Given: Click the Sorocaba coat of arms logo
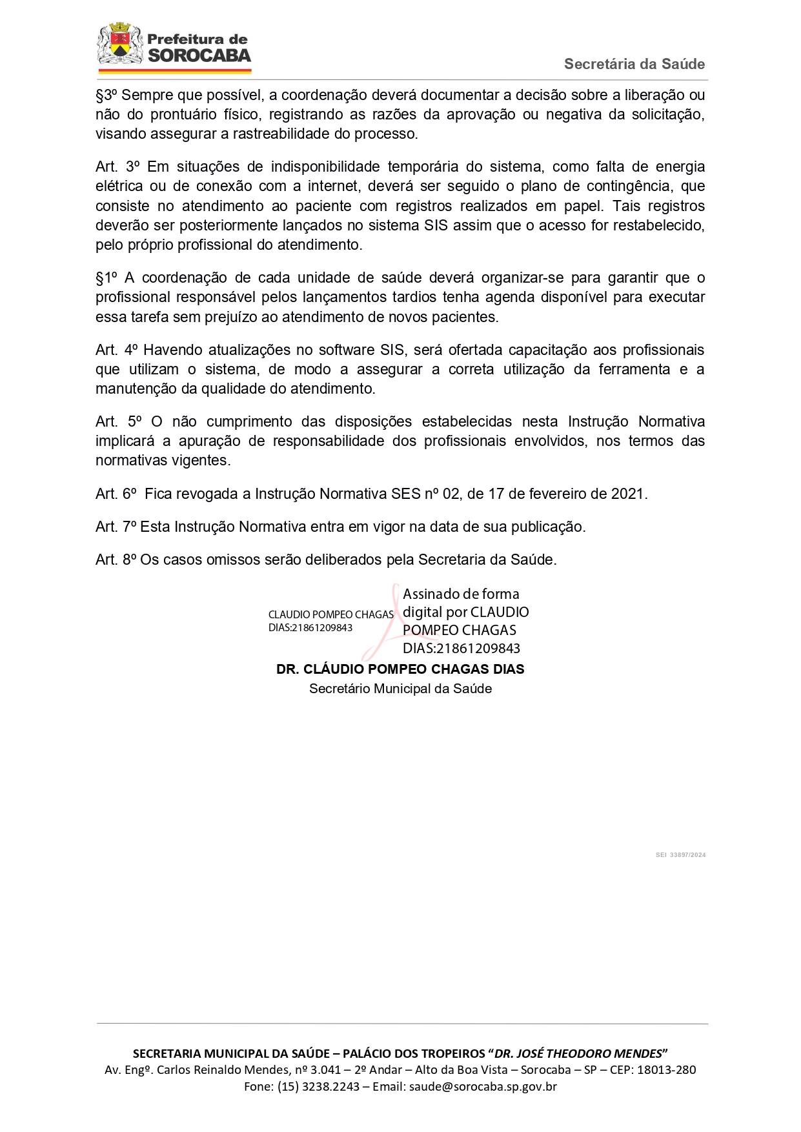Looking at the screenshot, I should tap(120, 45).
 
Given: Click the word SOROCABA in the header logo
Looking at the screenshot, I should tap(199, 56).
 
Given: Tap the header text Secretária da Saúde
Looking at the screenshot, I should tap(634, 64).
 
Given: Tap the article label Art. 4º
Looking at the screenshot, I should tap(116, 350).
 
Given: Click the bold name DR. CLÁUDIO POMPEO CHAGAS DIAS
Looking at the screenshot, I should tap(400, 669).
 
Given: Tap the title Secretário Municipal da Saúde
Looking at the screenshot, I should tap(400, 689).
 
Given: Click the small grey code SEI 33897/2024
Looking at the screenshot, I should tap(680, 855).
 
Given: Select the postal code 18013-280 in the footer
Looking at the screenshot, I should tap(666, 1069).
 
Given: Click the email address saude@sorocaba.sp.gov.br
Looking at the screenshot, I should tap(483, 1086).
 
